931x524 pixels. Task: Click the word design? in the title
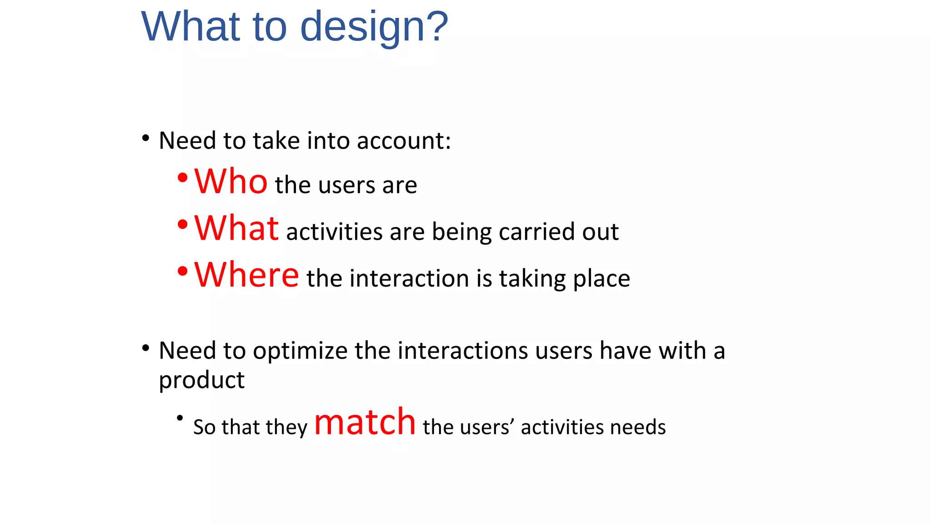click(374, 27)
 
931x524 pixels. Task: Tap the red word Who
click(231, 181)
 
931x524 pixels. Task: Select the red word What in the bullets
click(236, 228)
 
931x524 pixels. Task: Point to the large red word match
click(365, 422)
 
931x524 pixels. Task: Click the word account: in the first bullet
click(404, 141)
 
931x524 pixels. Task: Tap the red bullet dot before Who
click(182, 178)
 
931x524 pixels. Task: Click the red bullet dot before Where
click(182, 272)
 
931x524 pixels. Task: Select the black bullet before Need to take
click(145, 138)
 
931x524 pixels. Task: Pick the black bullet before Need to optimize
click(145, 348)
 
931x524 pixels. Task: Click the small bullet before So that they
click(180, 418)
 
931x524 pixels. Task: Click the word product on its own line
click(201, 380)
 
